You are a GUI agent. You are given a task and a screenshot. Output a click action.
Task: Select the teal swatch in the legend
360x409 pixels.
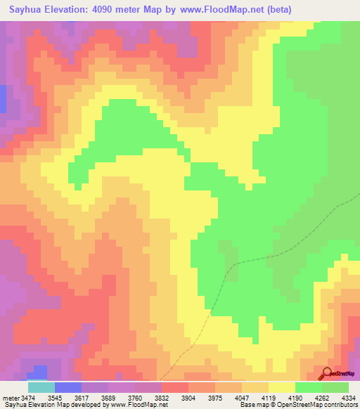coord(41,387)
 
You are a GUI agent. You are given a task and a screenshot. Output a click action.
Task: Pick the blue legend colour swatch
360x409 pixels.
coord(67,387)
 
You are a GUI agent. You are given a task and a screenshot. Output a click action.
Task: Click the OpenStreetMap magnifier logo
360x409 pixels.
coord(326,373)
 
